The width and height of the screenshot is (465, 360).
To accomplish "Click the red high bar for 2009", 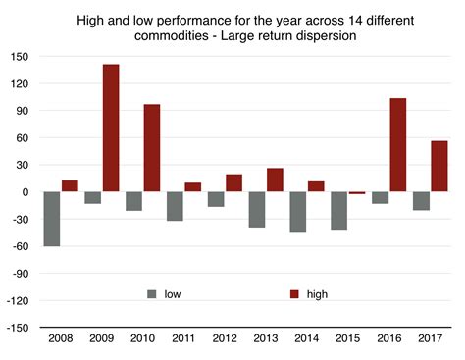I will pos(111,129).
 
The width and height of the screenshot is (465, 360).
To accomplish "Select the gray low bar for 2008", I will pos(52,219).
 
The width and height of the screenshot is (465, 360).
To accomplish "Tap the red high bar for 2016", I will pos(397,145).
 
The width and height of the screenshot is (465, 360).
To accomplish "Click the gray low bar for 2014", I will pos(297,212).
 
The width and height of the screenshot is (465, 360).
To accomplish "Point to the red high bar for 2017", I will pos(439,167).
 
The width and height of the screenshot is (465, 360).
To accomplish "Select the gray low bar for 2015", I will pos(338,211).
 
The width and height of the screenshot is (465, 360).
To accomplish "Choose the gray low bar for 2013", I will pos(257,210).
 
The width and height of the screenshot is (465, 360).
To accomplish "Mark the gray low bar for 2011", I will pos(175,206).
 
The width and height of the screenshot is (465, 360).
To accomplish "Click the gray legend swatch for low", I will pos(151,293).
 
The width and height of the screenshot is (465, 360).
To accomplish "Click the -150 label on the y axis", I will pos(19,328).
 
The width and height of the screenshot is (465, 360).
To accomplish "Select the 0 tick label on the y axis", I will pos(27,192).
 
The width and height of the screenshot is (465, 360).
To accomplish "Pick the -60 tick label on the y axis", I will pos(21,246).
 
